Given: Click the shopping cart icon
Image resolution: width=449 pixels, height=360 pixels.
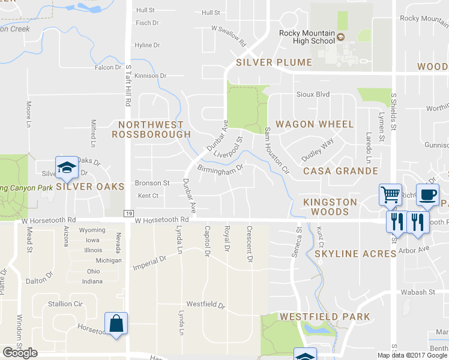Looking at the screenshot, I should coord(390,194).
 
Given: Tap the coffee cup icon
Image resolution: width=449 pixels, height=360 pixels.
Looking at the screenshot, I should coord(427,194).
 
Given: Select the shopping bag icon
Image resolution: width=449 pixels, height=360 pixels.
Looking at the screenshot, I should coord(116,323).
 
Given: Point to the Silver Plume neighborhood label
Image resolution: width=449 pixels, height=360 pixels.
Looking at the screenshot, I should coord(274,62).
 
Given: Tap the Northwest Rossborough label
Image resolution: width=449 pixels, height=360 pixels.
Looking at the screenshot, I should coord(151,129).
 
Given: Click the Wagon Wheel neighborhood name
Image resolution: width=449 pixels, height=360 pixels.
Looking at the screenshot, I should coord(315,124).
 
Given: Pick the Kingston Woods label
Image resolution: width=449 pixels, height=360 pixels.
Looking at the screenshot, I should coord(330,207).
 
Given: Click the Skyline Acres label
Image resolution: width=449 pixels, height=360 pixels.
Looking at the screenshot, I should coord(355,254).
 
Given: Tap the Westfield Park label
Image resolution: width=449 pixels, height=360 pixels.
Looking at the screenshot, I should coord(324,316).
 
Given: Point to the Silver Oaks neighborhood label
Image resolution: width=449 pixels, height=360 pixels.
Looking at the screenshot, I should coord(90,187).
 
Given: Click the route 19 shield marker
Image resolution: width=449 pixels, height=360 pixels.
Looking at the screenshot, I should coord(128,213).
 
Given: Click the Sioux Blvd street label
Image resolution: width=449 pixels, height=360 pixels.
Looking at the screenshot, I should coord(313,95).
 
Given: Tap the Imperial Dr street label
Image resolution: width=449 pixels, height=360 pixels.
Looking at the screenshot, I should coord(149,262).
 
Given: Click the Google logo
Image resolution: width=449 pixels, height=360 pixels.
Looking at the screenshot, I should coord(20,353).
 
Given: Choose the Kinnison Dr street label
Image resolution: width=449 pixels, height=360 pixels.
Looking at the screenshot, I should coord(150,76).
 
